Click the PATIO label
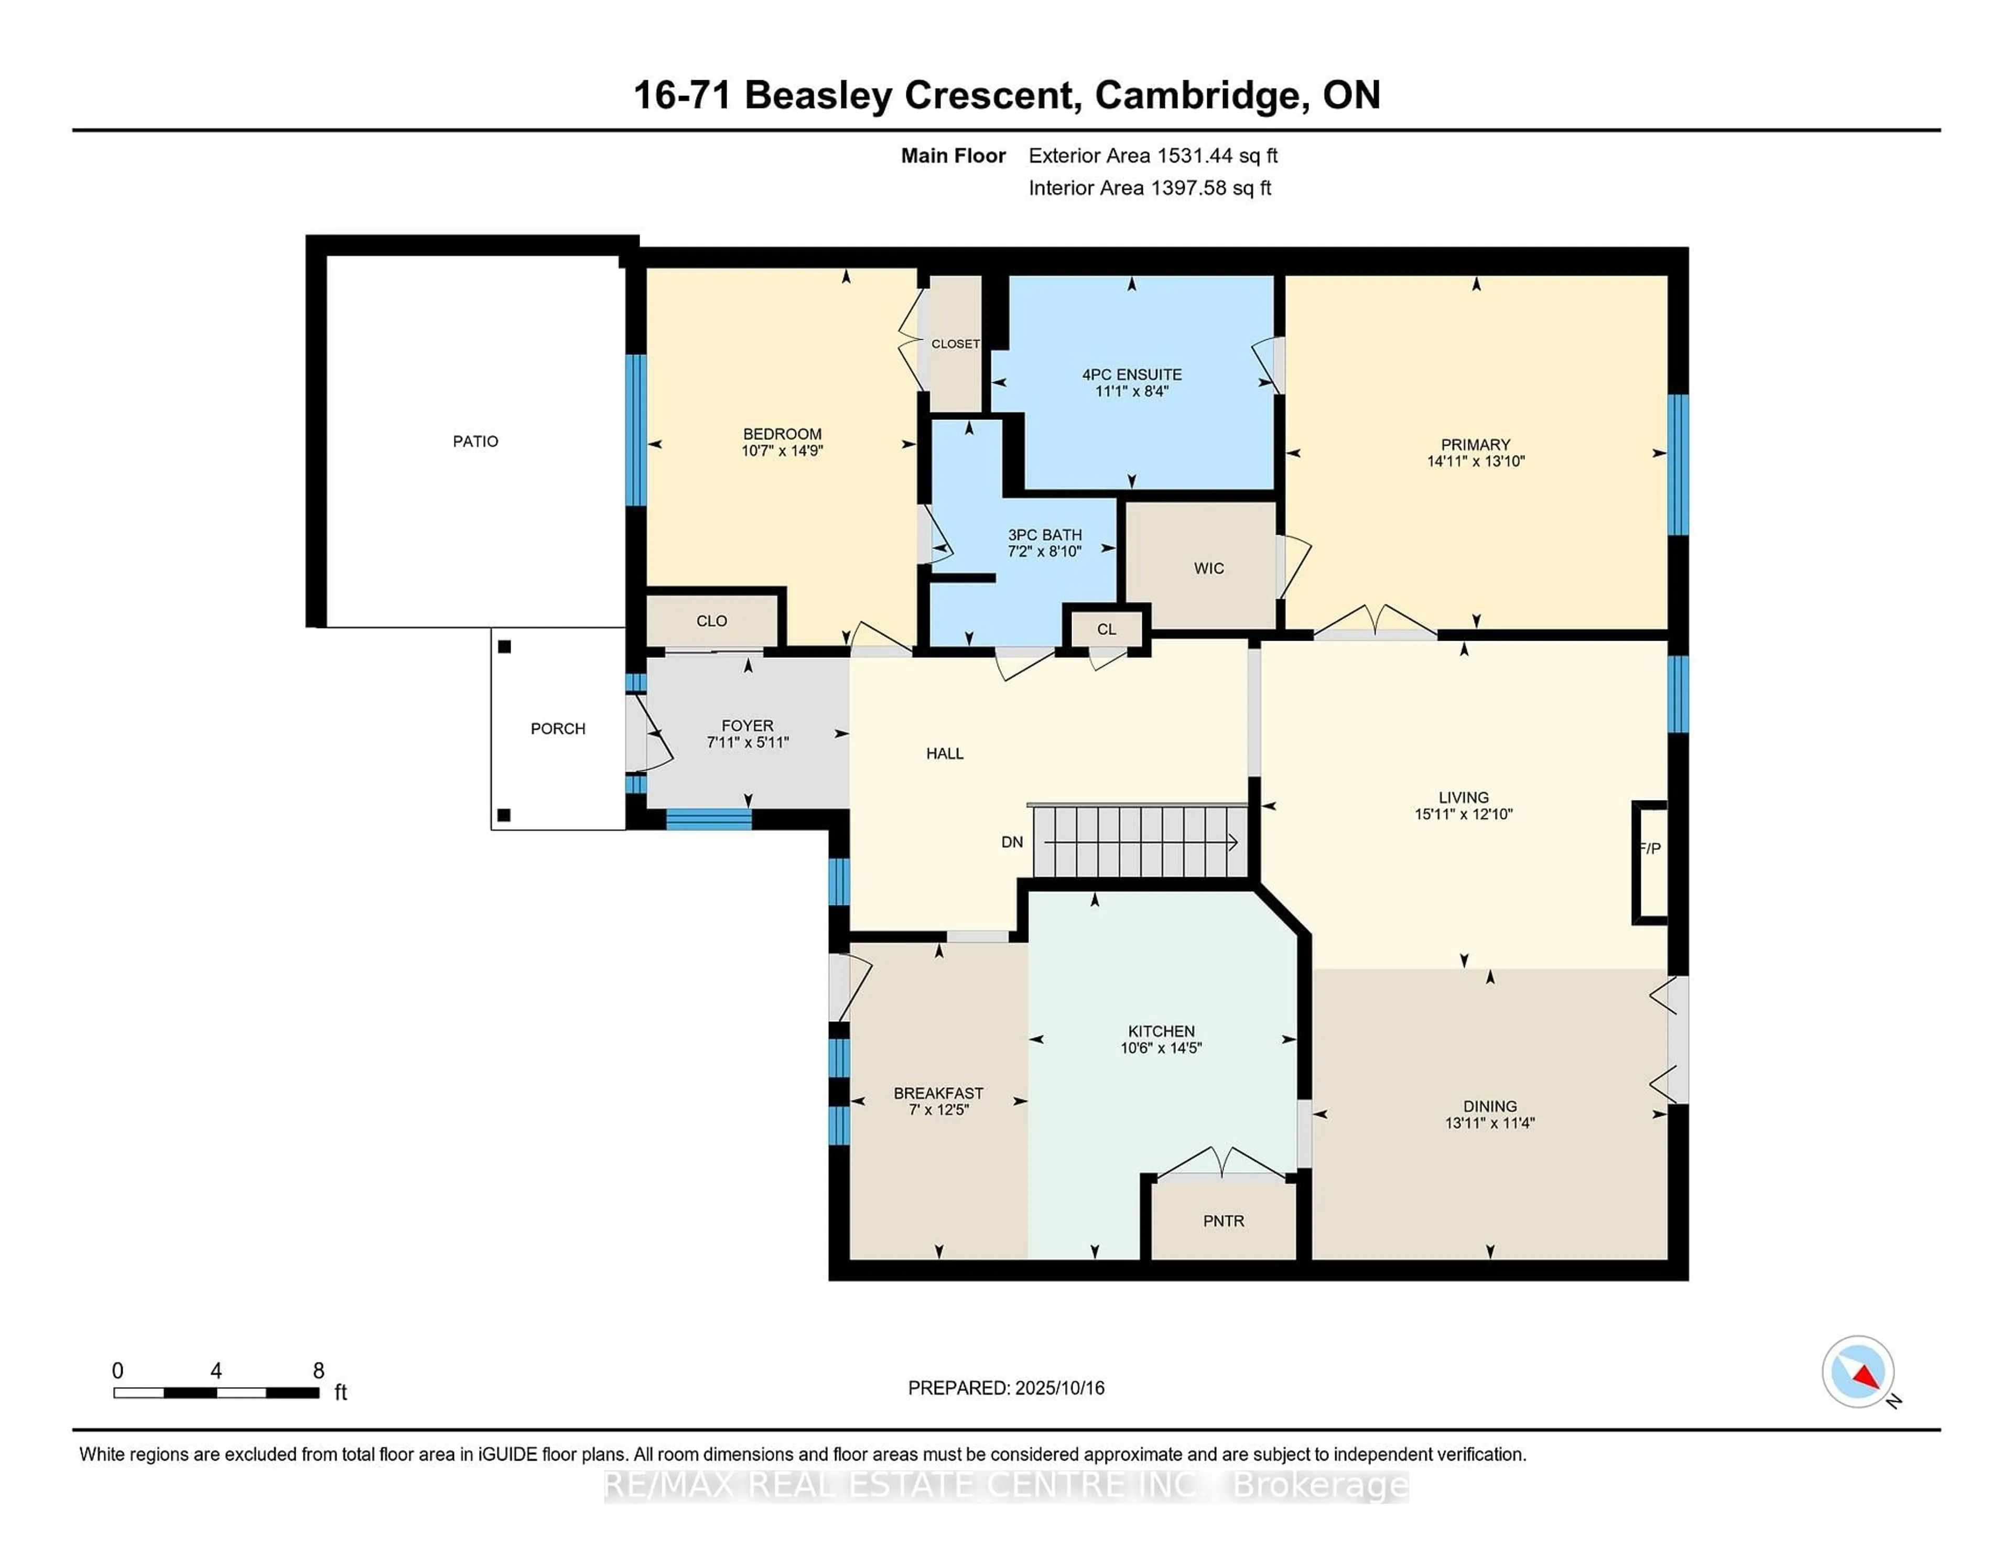475,441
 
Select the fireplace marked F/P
1650,862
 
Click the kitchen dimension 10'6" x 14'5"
1161,1048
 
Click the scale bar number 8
319,1371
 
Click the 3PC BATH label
1044,535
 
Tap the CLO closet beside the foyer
711,621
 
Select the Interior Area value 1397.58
1189,188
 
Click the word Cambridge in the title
1202,96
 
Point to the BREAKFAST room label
938,1093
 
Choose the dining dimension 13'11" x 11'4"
1489,1123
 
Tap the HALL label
945,753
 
